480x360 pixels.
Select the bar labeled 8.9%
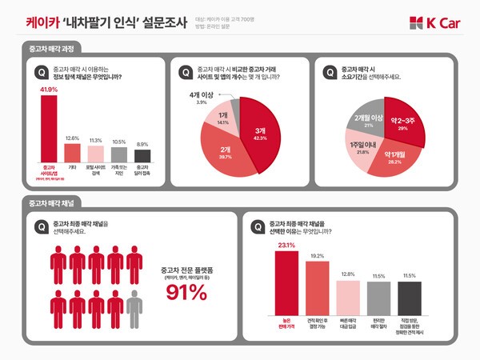point(142,155)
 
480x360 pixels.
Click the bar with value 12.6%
point(72,152)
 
